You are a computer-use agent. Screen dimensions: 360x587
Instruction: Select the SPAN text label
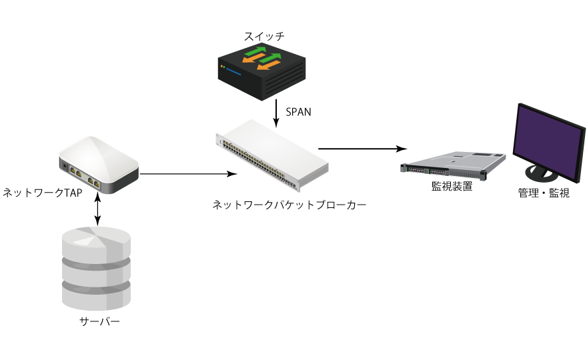[x=298, y=112]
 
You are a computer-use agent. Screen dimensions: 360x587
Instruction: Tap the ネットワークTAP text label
[x=41, y=193]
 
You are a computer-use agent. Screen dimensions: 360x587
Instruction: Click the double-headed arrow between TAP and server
[x=99, y=210]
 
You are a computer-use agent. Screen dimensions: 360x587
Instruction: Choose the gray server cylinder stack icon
[x=96, y=267]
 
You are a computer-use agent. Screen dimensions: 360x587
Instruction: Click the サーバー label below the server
[x=99, y=322]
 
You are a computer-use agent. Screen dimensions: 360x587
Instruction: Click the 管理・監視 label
[x=544, y=194]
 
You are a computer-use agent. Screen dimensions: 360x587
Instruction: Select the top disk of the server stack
[x=96, y=240]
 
